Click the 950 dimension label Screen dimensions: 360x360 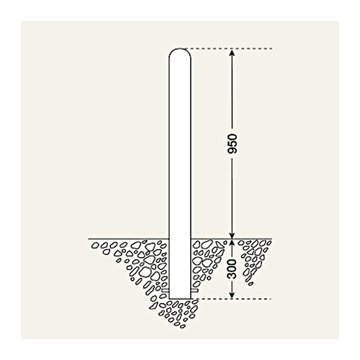pyautogui.click(x=232, y=143)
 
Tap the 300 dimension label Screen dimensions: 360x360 pyautogui.click(x=232, y=269)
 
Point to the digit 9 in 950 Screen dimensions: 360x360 pyautogui.click(x=232, y=150)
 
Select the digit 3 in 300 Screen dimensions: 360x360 pyautogui.click(x=232, y=276)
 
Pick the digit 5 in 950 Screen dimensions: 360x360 pyautogui.click(x=232, y=143)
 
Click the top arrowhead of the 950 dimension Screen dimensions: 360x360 pyautogui.click(x=232, y=53)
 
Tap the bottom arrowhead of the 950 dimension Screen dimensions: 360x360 pyautogui.click(x=232, y=235)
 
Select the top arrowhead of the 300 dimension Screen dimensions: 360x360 pyautogui.click(x=232, y=243)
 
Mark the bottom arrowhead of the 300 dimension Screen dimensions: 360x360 pyautogui.click(x=232, y=295)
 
